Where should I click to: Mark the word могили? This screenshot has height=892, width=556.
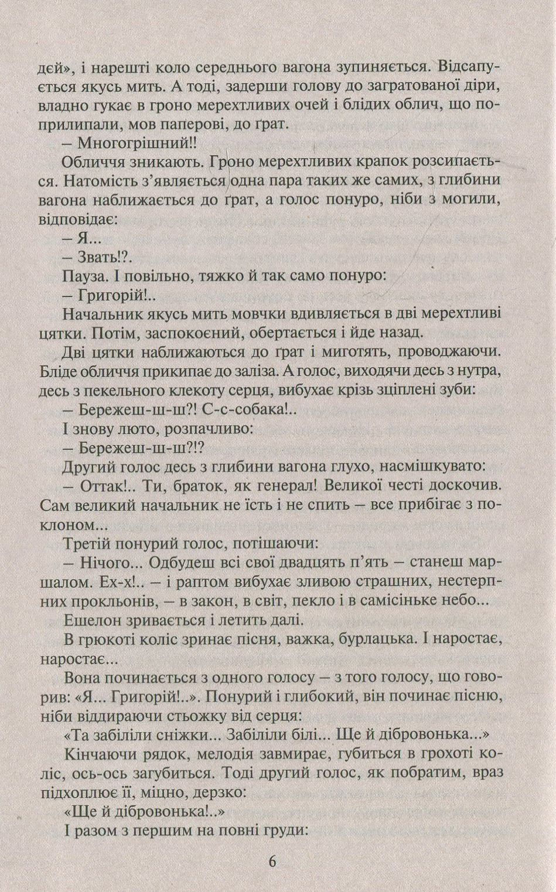click(x=467, y=200)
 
